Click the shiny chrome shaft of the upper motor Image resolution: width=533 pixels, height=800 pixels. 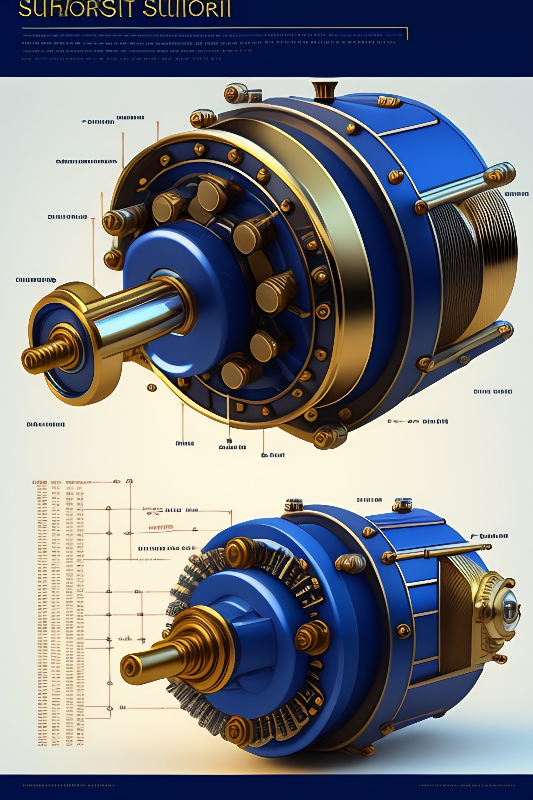[143, 313]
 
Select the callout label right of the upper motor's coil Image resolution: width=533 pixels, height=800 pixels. [516, 194]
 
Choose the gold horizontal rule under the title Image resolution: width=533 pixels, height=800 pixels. [214, 28]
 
